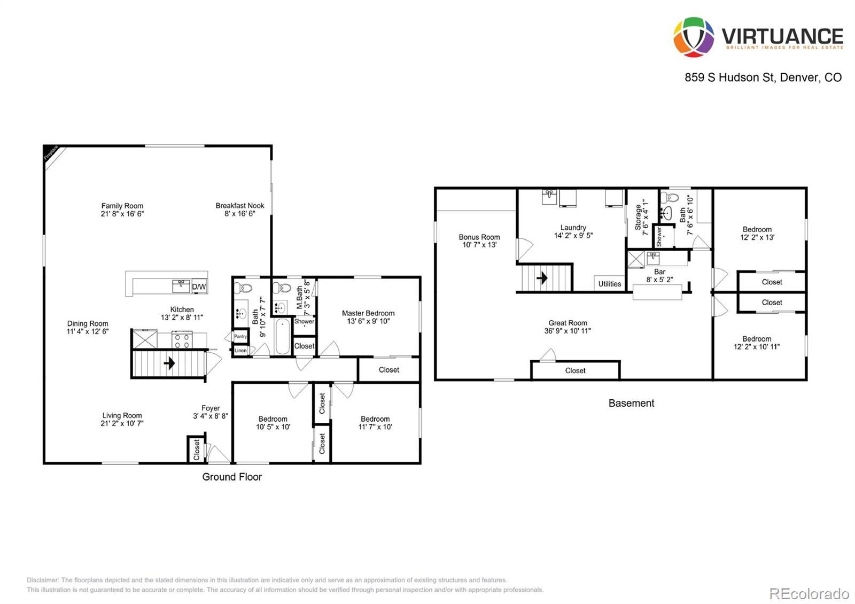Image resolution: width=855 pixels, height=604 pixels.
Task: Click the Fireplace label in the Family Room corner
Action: point(51,153)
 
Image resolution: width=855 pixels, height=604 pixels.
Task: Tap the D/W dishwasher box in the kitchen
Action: point(199,287)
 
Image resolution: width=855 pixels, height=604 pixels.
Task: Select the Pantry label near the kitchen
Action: point(240,336)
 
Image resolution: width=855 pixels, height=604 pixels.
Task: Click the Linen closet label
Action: point(240,351)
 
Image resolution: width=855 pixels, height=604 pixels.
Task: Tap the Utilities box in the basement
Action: point(610,284)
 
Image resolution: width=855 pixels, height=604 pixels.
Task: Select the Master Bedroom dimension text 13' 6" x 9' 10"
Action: point(368,321)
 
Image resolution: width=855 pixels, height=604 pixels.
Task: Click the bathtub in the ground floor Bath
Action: point(283,336)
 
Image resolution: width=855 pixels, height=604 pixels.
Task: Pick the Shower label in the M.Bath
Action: point(304,321)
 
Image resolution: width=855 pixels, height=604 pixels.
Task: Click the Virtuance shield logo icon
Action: point(694,37)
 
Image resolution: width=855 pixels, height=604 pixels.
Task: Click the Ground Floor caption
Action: point(232,477)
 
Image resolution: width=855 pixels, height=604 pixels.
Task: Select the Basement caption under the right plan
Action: point(631,403)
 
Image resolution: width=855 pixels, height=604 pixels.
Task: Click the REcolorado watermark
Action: point(809,593)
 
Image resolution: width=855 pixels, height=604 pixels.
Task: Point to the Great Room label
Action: point(568,323)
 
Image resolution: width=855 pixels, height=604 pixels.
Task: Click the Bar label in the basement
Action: point(659,272)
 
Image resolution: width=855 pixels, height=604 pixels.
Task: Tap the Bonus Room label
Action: point(479,237)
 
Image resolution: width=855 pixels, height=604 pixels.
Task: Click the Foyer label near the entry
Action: point(211,408)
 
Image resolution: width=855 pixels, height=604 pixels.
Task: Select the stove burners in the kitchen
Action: point(181,339)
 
